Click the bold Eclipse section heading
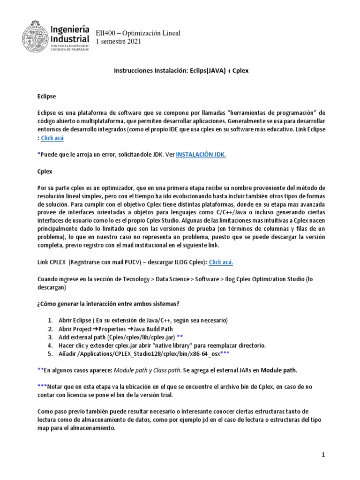coord(46,96)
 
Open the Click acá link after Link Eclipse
coord(52,138)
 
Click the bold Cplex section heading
coord(45,172)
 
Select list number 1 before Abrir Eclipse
coord(50,320)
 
